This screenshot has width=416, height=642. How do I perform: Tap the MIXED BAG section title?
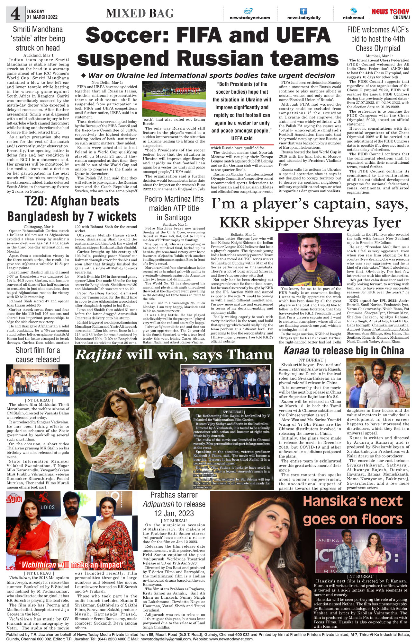coord(140,13)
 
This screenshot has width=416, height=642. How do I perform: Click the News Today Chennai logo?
coord(390,14)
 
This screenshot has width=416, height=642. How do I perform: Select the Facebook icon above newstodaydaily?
coord(303,11)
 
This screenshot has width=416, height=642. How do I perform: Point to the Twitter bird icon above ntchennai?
coord(353,11)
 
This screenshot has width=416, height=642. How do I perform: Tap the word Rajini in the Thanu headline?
coord(98,355)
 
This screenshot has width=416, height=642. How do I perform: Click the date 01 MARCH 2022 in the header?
coord(42,17)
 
